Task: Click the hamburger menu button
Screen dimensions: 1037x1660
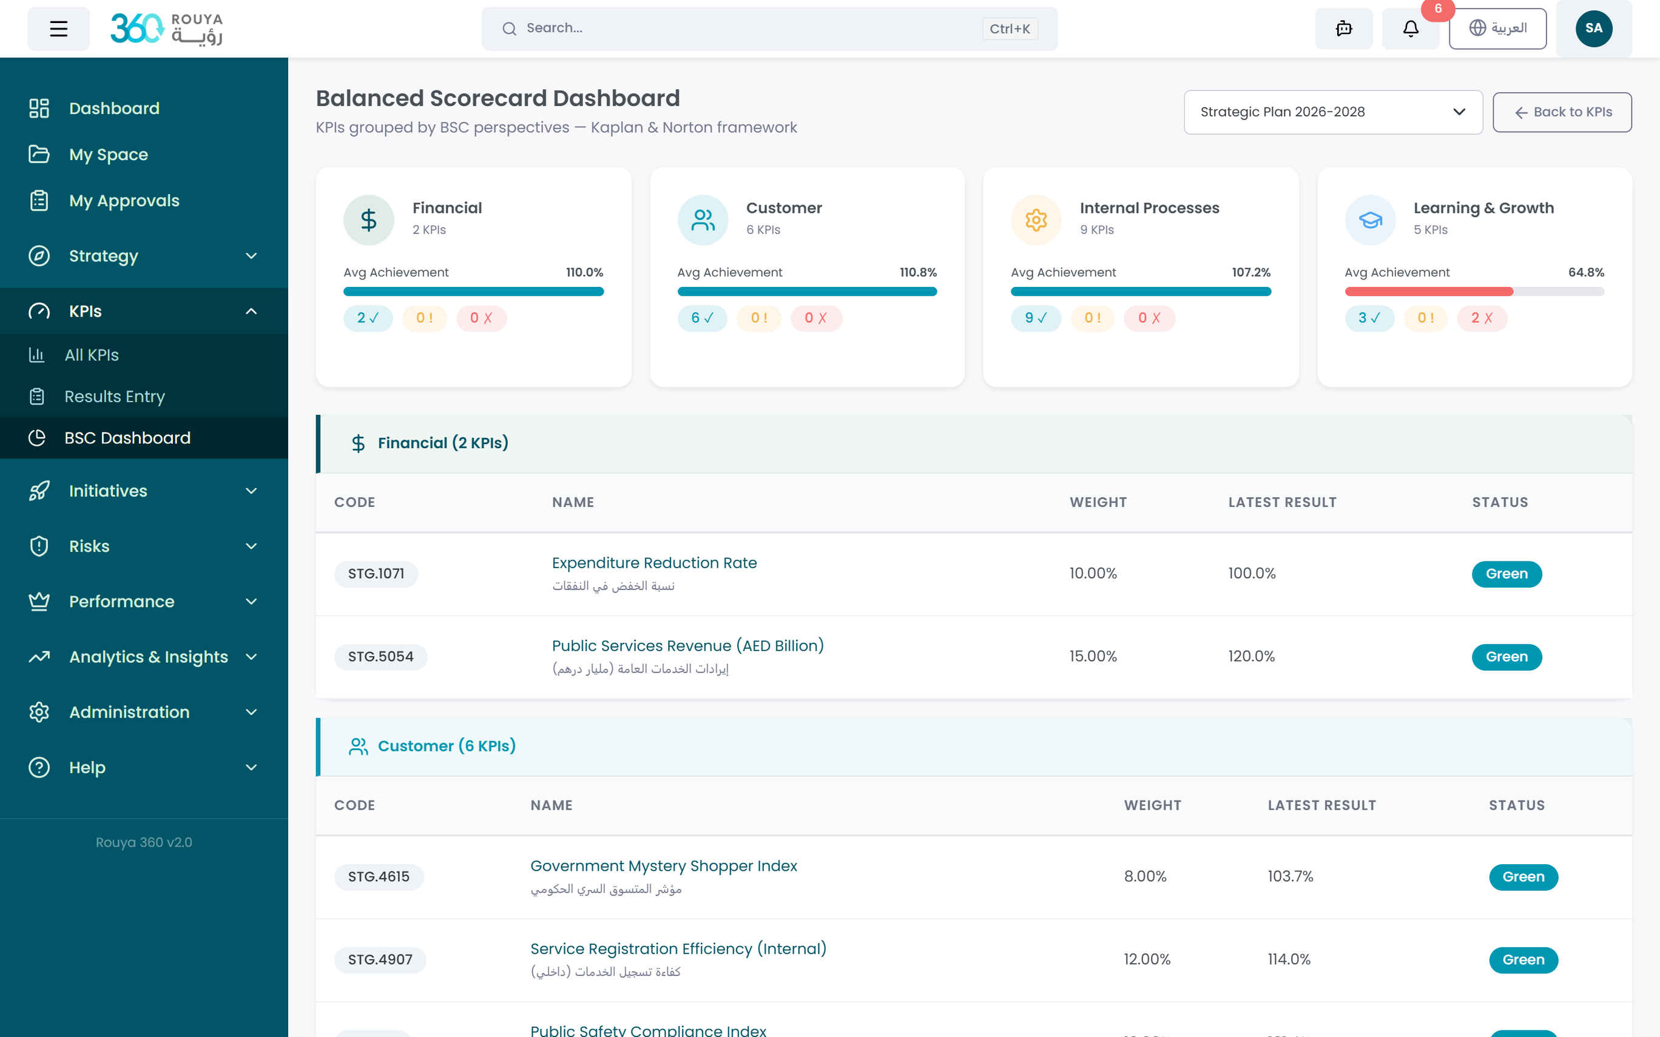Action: pyautogui.click(x=58, y=29)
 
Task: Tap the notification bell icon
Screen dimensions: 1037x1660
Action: pyautogui.click(x=1410, y=29)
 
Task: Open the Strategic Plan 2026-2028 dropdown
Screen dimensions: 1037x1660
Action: pyautogui.click(x=1333, y=112)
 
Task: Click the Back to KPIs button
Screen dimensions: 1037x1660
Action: pyautogui.click(x=1562, y=112)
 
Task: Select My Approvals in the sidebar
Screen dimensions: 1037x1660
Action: pyautogui.click(x=124, y=201)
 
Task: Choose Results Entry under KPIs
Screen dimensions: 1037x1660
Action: pyautogui.click(x=115, y=397)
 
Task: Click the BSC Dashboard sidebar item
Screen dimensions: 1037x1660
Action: pyautogui.click(x=127, y=438)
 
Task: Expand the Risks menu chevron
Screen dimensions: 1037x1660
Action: pyautogui.click(x=251, y=546)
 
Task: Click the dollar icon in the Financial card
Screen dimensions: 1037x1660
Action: pyautogui.click(x=368, y=220)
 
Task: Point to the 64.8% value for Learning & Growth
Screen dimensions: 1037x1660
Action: pyautogui.click(x=1586, y=272)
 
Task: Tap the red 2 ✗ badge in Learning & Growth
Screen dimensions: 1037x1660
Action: pyautogui.click(x=1481, y=318)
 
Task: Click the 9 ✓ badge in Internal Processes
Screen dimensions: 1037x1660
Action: pyautogui.click(x=1035, y=318)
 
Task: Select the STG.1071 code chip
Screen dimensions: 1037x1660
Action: pyautogui.click(x=376, y=573)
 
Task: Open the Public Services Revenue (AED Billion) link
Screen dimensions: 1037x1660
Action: pyautogui.click(x=687, y=645)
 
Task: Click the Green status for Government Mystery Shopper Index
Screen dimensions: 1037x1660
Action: pyautogui.click(x=1523, y=876)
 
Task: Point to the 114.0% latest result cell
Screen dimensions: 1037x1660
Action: pyautogui.click(x=1288, y=959)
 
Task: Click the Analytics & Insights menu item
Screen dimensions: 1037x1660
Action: pyautogui.click(x=148, y=657)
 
